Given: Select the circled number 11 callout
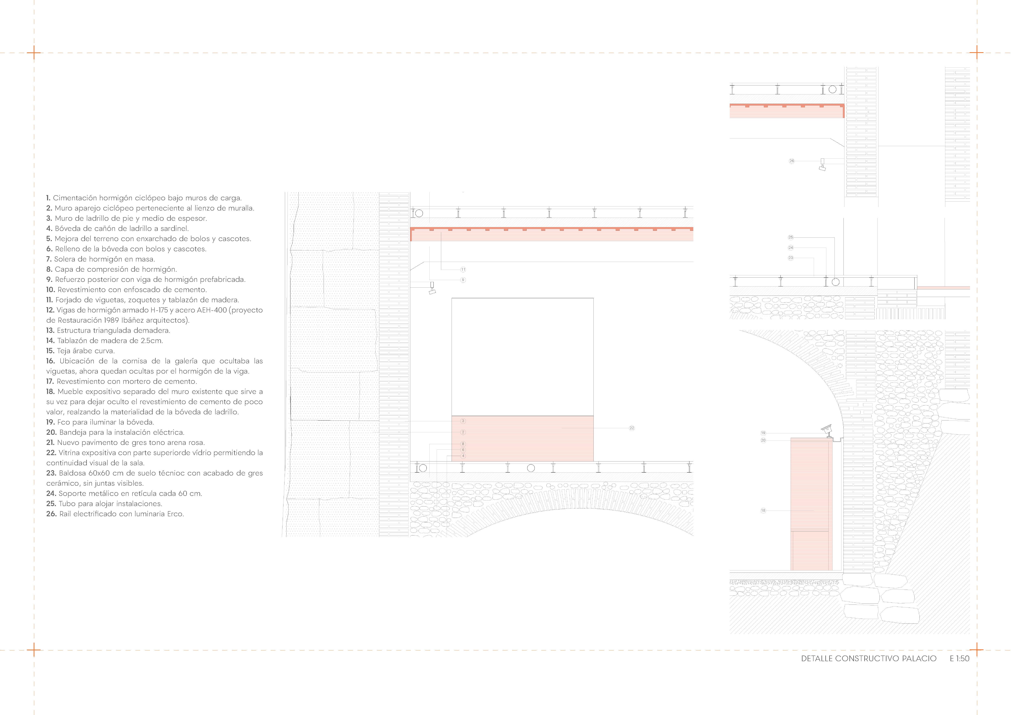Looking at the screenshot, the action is point(463,269).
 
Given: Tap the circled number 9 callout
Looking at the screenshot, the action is point(463,280).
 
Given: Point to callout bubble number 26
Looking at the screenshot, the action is point(791,161).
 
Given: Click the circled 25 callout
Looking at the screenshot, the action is point(790,237).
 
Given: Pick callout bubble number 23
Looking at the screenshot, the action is point(790,258).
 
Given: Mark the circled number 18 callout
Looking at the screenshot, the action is point(763,511).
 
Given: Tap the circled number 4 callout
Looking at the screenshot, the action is point(463,456).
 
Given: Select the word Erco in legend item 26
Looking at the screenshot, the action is point(175,514).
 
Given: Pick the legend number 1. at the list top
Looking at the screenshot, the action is point(48,198).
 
